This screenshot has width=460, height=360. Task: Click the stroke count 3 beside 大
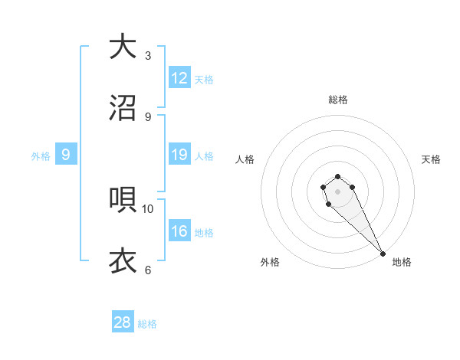tap(148, 55)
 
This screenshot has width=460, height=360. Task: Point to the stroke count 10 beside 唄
tap(148, 208)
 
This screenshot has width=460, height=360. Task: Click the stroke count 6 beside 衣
tap(148, 270)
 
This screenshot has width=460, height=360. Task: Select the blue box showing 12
tap(179, 78)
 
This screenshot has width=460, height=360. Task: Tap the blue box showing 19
tap(179, 155)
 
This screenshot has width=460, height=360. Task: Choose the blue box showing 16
tap(179, 231)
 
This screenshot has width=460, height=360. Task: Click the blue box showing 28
tap(123, 322)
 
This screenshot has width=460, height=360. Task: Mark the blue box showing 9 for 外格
tap(66, 155)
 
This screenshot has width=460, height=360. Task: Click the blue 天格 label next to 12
tap(204, 80)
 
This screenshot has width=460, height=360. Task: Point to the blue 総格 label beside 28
tap(147, 324)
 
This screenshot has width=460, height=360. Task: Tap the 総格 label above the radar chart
tap(338, 100)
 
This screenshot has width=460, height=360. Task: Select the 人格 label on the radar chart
tap(245, 159)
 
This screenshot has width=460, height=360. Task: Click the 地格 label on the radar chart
tap(402, 263)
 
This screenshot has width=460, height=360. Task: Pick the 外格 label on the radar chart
tap(270, 263)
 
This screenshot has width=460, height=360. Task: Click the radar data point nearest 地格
tap(383, 253)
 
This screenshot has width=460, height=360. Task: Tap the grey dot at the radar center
tap(337, 191)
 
